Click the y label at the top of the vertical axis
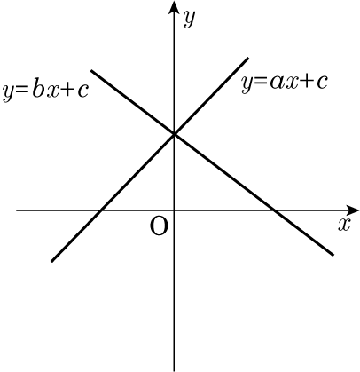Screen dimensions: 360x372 pyautogui.click(x=189, y=19)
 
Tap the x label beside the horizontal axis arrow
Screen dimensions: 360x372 pyautogui.click(x=344, y=225)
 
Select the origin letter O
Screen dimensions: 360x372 pyautogui.click(x=160, y=226)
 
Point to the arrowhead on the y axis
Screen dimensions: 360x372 pyautogui.click(x=174, y=8)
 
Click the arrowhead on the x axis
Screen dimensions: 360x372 pyautogui.click(x=352, y=210)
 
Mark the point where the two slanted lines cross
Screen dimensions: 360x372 pyautogui.click(x=174, y=134)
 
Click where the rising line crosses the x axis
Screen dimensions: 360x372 pyautogui.click(x=101, y=210)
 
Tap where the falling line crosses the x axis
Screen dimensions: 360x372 pyautogui.click(x=274, y=210)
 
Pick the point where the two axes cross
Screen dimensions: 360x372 pyautogui.click(x=174, y=210)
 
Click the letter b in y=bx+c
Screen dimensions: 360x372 pyautogui.click(x=37, y=90)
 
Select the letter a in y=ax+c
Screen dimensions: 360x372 pyautogui.click(x=276, y=82)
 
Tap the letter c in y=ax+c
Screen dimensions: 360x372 pyautogui.click(x=322, y=83)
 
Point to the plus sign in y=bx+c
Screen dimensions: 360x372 pyautogui.click(x=69, y=90)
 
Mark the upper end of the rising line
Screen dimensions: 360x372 pyautogui.click(x=247, y=59)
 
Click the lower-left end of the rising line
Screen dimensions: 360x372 pyautogui.click(x=52, y=261)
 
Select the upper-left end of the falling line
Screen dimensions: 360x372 pyautogui.click(x=91, y=71)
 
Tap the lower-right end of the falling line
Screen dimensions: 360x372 pyautogui.click(x=333, y=255)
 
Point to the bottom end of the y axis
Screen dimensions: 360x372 pyautogui.click(x=174, y=371)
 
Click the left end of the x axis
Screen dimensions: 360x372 pyautogui.click(x=17, y=210)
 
